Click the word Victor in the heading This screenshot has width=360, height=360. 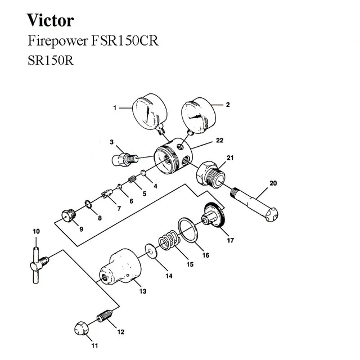[x=51, y=21]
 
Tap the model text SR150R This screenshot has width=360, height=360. [x=50, y=60]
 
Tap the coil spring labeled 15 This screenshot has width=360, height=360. [x=167, y=242]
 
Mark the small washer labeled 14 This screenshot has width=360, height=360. [x=149, y=249]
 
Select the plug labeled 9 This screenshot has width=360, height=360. [x=69, y=215]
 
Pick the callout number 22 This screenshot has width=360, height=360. [x=220, y=140]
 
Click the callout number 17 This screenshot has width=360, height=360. [x=229, y=240]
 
